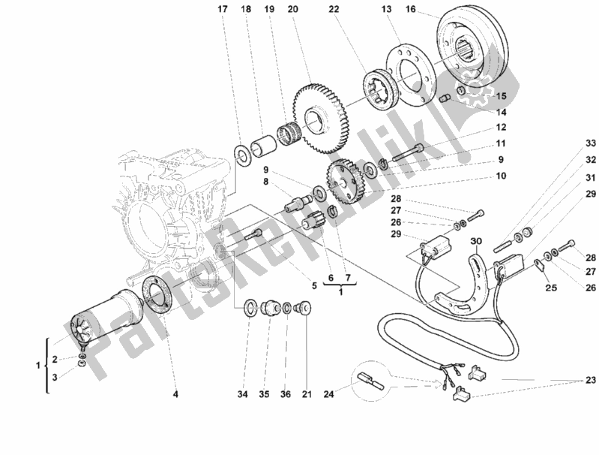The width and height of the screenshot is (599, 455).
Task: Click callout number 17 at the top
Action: click(x=221, y=10)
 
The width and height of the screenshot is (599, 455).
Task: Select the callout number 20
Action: click(x=292, y=10)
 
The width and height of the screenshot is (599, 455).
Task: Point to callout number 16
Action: click(x=410, y=10)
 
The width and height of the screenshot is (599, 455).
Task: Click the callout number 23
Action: click(x=584, y=380)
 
